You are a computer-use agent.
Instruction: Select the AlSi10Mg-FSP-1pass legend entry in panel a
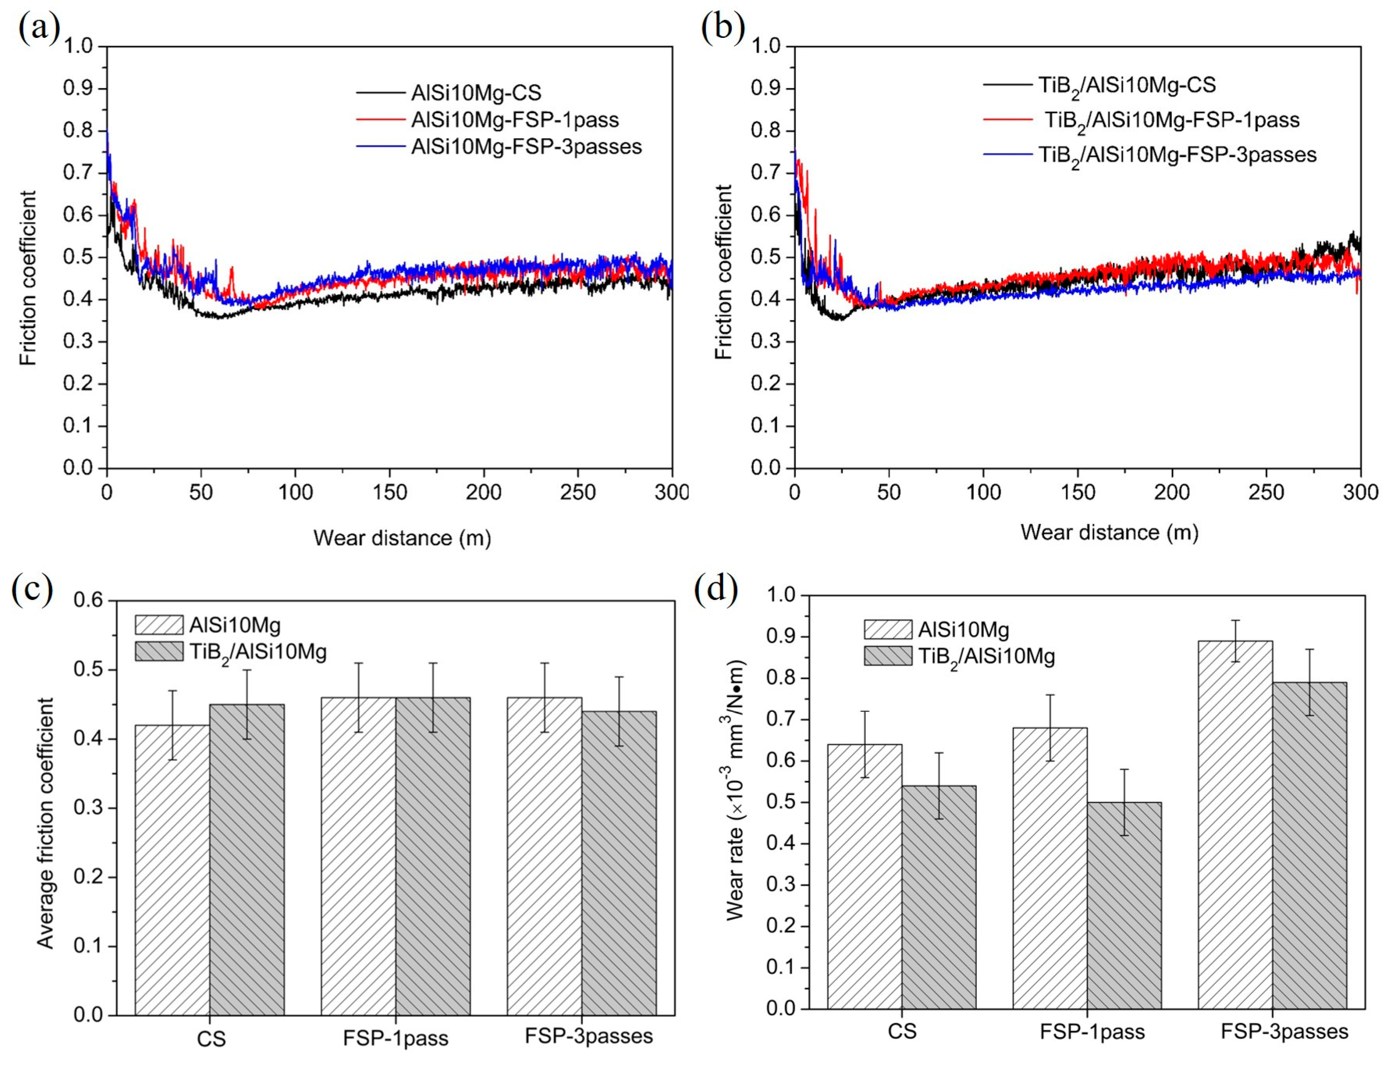514,120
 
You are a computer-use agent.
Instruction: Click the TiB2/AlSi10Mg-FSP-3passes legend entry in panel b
1177,155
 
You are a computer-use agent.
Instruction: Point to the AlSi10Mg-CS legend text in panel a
476,93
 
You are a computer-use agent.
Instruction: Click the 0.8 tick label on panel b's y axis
765,131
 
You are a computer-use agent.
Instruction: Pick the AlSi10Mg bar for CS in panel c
172,870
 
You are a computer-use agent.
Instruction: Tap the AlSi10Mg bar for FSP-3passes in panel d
1235,825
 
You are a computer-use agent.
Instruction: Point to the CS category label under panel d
902,1031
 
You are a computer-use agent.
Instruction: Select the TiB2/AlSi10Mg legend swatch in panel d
887,655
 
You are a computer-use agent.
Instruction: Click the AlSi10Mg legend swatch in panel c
159,625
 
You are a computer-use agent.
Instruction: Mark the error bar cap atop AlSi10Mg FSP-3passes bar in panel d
1235,620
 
